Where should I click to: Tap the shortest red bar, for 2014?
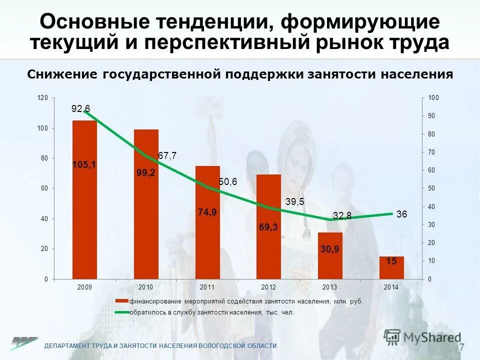click(391, 267)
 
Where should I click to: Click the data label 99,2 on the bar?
click(146, 173)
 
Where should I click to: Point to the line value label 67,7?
click(167, 156)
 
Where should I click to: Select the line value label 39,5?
click(295, 201)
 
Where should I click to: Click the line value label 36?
click(402, 214)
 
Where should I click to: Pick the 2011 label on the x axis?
click(207, 287)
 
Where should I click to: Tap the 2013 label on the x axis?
click(330, 287)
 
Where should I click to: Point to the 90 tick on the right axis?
click(431, 116)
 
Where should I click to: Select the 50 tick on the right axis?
click(431, 188)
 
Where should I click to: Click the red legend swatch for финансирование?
click(122, 301)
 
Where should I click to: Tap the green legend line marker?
click(122, 312)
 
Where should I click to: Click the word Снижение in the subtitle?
click(62, 74)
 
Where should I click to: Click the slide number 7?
click(461, 347)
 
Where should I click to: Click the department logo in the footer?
click(24, 344)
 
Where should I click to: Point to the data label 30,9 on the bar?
click(330, 249)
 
